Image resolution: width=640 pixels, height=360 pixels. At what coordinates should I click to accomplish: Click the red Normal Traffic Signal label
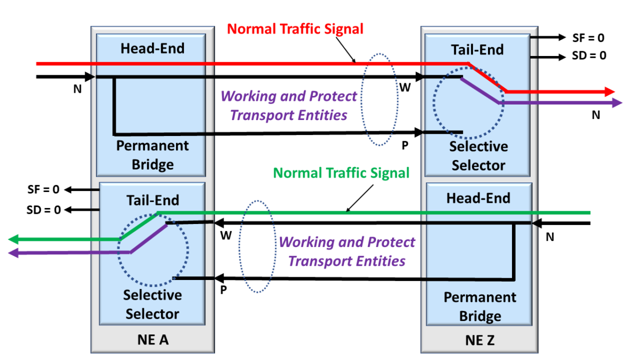(x=295, y=28)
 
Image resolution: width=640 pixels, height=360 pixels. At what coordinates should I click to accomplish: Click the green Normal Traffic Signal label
(x=341, y=173)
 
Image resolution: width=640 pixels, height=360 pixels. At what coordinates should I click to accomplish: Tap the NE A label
(x=152, y=340)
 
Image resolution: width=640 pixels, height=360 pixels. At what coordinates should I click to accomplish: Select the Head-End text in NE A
(x=152, y=49)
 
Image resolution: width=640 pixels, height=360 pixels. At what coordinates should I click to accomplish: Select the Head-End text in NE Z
(x=478, y=198)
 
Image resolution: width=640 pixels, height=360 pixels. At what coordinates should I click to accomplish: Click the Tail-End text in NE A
(x=153, y=201)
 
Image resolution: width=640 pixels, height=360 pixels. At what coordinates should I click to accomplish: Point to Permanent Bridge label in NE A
(x=153, y=155)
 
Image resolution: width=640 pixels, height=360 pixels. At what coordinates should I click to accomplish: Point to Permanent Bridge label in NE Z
(x=479, y=306)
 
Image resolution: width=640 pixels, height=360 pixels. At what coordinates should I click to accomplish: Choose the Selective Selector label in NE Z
(x=478, y=155)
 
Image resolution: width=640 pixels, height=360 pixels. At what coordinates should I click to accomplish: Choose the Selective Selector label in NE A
(x=153, y=304)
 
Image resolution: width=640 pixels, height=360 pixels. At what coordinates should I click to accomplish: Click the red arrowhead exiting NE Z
(x=609, y=91)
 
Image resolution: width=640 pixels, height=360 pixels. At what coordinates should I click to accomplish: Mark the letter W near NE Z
(x=405, y=87)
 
